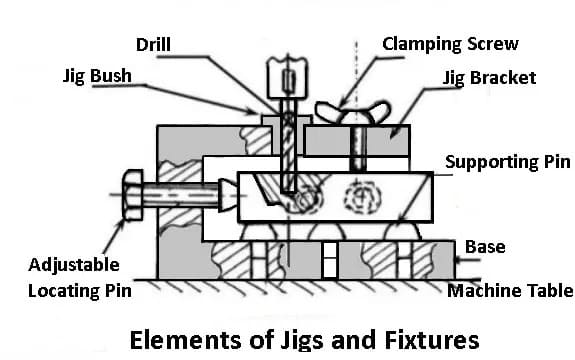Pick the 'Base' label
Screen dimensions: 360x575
click(484, 246)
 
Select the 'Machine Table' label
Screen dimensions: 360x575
click(510, 291)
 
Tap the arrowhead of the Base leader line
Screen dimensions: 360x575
click(457, 263)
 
